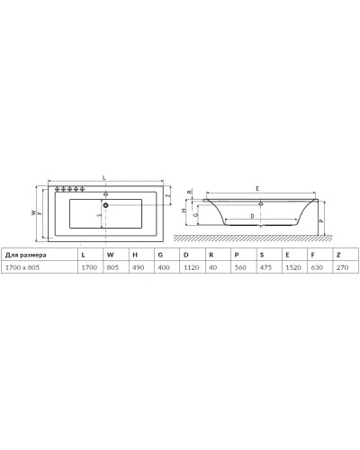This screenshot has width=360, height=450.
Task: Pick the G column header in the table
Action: pyautogui.click(x=160, y=255)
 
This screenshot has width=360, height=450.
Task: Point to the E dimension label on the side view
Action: pyautogui.click(x=258, y=187)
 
